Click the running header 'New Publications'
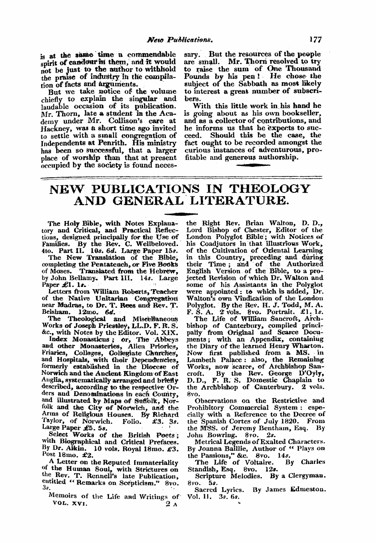[x=163, y=38]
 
